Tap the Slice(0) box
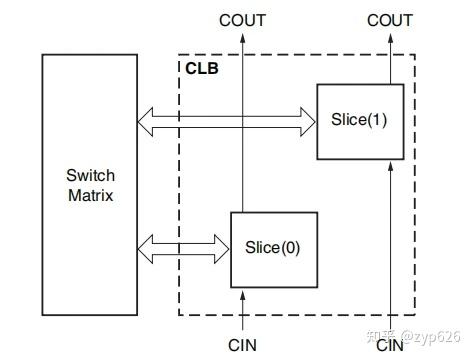pyautogui.click(x=273, y=247)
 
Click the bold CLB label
pyautogui.click(x=201, y=69)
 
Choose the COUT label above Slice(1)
pyautogui.click(x=389, y=19)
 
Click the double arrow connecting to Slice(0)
pyautogui.click(x=184, y=246)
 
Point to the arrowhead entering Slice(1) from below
pyautogui.click(x=389, y=166)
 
